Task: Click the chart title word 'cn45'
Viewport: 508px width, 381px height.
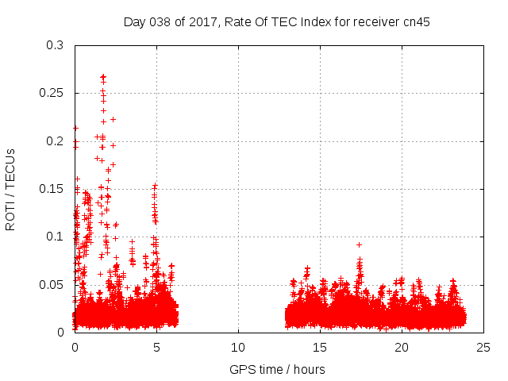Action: coord(415,22)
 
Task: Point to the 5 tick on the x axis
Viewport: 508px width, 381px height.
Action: coord(156,347)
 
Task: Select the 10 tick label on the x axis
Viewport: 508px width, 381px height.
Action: coord(238,347)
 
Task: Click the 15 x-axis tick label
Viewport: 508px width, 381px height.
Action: coord(320,347)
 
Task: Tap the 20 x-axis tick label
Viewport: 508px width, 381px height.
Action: coord(402,347)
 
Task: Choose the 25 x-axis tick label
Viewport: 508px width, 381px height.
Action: coord(483,347)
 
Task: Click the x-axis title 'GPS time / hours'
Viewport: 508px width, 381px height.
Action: coord(277,369)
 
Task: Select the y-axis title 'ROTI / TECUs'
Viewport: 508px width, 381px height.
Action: coord(10,189)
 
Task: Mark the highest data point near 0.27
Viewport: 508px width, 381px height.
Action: coord(103,77)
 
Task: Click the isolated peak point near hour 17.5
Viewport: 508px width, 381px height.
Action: coord(359,244)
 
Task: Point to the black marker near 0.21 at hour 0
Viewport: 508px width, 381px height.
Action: coord(75,128)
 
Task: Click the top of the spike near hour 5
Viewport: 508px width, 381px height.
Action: coord(156,186)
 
